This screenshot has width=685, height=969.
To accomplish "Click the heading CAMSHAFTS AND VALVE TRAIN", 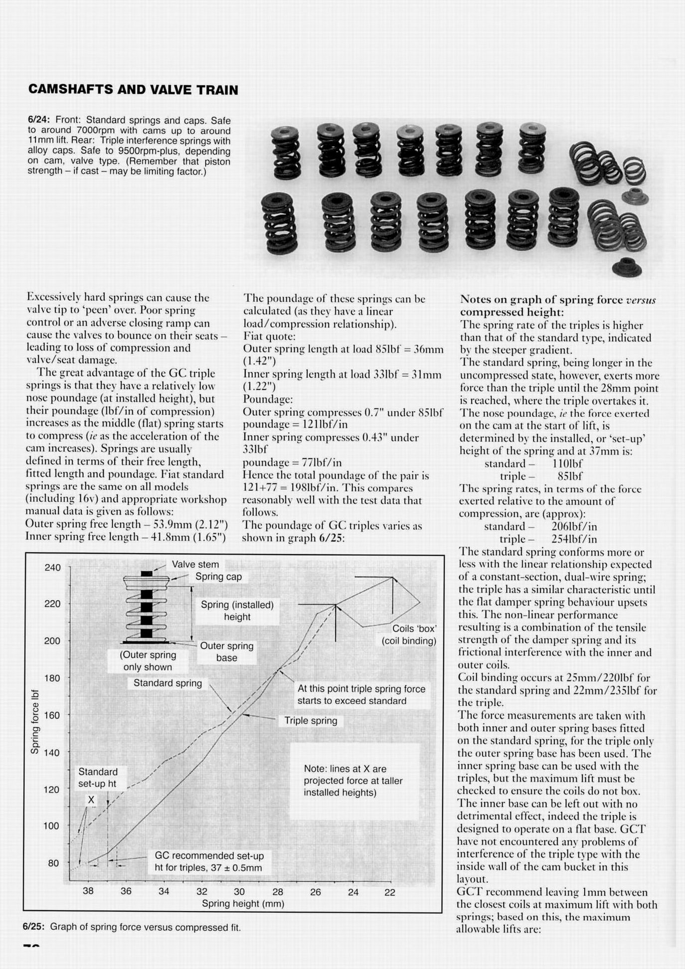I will click(x=133, y=90).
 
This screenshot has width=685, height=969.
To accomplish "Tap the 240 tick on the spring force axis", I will click(x=52, y=567).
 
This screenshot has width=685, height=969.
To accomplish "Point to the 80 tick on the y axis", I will click(x=53, y=863).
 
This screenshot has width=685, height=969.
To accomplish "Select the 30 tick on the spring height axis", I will click(x=239, y=892).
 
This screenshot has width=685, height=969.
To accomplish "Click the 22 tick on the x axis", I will click(x=390, y=892).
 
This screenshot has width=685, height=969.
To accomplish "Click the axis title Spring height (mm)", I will click(x=243, y=904).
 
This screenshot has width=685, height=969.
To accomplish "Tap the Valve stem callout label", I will click(x=195, y=564).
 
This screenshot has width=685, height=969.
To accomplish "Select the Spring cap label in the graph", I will click(x=218, y=577).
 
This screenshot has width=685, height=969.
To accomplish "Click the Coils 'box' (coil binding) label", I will click(x=409, y=635).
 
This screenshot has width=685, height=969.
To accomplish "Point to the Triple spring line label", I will click(x=311, y=721).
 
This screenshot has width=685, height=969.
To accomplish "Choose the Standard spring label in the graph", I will click(x=168, y=683).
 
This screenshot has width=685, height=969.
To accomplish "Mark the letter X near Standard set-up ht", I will click(x=91, y=800).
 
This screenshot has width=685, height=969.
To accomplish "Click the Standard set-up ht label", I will click(x=98, y=778).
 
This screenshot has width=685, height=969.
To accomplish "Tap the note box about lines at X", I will click(x=353, y=781).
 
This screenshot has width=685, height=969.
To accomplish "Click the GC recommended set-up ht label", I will click(x=209, y=861).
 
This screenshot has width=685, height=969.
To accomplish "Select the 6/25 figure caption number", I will click(x=33, y=927).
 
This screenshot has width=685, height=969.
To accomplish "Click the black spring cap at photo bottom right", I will click(x=627, y=267).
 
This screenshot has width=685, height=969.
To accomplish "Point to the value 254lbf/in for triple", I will click(x=574, y=539).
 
